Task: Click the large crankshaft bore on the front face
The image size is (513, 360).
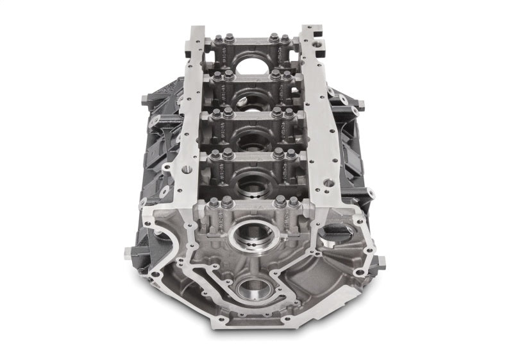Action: pyautogui.click(x=248, y=236)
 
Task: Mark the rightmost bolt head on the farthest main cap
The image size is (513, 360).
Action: pyautogui.click(x=287, y=38)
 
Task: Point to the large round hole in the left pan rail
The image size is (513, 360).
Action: pyautogui.click(x=187, y=171)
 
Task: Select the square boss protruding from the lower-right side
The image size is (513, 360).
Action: pyautogui.click(x=380, y=262)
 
